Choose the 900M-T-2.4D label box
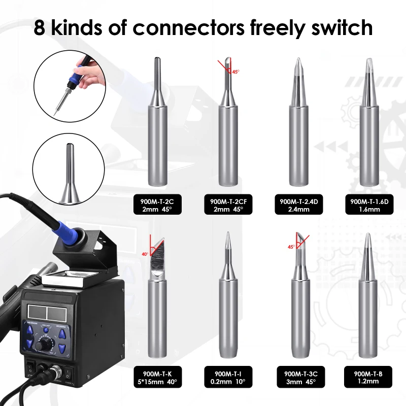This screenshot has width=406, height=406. pyautogui.click(x=299, y=205)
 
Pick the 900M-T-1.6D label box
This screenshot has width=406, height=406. pyautogui.click(x=369, y=205)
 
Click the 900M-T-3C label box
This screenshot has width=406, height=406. pyautogui.click(x=299, y=378)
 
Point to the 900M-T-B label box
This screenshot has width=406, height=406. pyautogui.click(x=369, y=378)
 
